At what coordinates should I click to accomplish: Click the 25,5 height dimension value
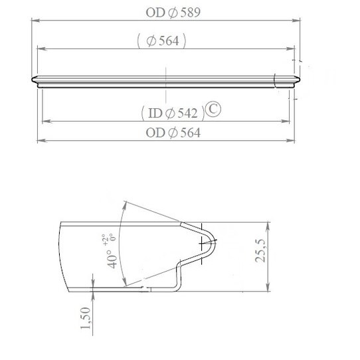(259, 256)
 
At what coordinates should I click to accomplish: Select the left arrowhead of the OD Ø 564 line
(40, 141)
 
